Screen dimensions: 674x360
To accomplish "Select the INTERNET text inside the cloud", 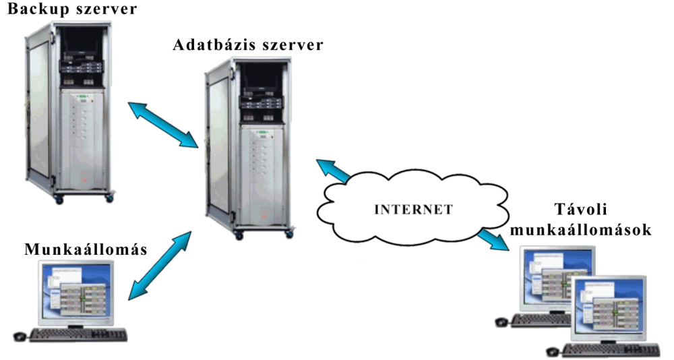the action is tap(413, 210).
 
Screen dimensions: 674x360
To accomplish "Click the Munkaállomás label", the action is tap(86, 249).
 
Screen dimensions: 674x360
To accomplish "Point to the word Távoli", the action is tap(581, 209).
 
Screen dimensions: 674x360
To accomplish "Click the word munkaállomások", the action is tap(581, 230).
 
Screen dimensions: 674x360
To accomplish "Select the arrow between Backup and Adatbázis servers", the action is tap(163, 125).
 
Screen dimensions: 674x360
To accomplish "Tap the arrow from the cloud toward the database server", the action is tap(333, 171).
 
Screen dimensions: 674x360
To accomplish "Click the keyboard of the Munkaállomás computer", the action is tap(78, 335).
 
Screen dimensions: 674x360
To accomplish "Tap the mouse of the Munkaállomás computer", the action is tap(20, 336).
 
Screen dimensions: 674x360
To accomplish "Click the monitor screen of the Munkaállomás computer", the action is tap(76, 293).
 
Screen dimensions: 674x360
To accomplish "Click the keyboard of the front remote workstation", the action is tap(611, 350).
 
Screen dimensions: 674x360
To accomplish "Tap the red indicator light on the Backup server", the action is tap(94, 101).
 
